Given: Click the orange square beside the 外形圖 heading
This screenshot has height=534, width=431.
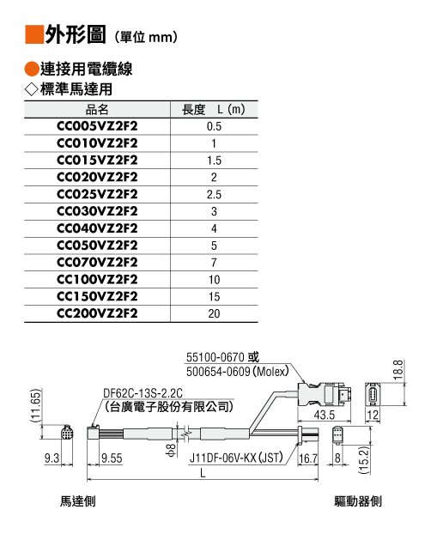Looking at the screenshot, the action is (34, 34).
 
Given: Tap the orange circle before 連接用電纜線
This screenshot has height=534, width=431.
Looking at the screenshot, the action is (32, 70).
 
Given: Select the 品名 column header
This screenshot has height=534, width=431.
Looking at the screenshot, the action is (97, 110).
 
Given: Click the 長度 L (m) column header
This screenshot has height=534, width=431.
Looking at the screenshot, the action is (214, 110).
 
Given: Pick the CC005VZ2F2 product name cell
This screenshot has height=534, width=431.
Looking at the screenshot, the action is (97, 126).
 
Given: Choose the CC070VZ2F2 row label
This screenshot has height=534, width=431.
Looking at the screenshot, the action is (97, 263).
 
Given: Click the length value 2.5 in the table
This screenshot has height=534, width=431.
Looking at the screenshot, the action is (214, 195).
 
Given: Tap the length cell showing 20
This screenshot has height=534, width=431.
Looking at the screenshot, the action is (214, 313).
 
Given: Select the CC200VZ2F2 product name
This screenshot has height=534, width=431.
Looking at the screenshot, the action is (97, 313).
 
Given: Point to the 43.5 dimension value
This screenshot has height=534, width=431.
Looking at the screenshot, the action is (325, 415).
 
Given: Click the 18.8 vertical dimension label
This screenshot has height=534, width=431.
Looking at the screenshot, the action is (398, 370).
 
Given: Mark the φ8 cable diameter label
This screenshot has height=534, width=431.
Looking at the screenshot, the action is (172, 450).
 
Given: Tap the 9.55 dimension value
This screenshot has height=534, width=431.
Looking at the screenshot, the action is (112, 458).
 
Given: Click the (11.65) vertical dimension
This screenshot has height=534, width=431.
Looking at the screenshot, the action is (36, 405).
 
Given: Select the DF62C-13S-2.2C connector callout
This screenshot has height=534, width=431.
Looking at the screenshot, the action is (143, 393).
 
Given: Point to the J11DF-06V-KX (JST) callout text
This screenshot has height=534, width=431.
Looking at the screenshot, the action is (236, 458).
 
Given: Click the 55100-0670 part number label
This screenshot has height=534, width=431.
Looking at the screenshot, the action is (215, 357).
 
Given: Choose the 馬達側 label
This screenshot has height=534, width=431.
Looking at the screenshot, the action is (77, 501).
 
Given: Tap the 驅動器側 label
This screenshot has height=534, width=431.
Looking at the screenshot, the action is (358, 501).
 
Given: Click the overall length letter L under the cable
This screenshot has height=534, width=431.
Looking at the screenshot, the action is (203, 473).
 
